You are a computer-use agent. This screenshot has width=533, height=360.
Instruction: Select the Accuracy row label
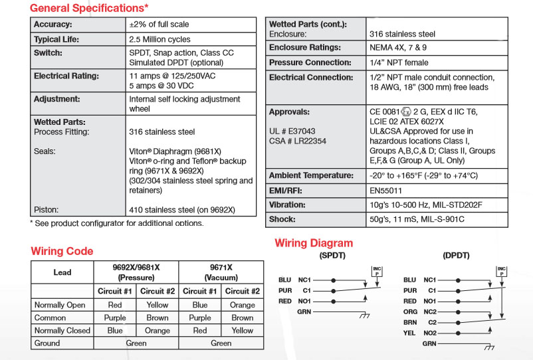[x=57, y=25]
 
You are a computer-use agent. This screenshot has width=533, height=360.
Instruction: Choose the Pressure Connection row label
[x=310, y=62]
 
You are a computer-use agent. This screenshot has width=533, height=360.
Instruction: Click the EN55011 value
[x=388, y=191]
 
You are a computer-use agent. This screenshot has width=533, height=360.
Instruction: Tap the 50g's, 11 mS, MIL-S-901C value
[x=417, y=219]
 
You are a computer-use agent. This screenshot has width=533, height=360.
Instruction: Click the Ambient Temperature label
[x=310, y=176]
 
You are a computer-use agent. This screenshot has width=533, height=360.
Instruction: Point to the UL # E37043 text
[x=292, y=131]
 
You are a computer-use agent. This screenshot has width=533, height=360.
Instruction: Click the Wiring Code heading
[x=62, y=251]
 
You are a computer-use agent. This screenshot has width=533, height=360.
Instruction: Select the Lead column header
[x=62, y=272]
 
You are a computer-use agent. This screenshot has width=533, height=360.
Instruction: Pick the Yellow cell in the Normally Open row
[x=157, y=305]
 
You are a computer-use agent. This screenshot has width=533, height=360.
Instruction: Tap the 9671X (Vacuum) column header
[x=221, y=272]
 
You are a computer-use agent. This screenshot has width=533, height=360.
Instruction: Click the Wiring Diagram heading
[x=314, y=243]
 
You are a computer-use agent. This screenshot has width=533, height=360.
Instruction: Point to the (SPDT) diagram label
[x=332, y=256]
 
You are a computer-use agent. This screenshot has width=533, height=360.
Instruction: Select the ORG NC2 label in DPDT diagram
[x=419, y=311]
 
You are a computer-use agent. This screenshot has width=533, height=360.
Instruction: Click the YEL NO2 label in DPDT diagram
[x=419, y=333]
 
